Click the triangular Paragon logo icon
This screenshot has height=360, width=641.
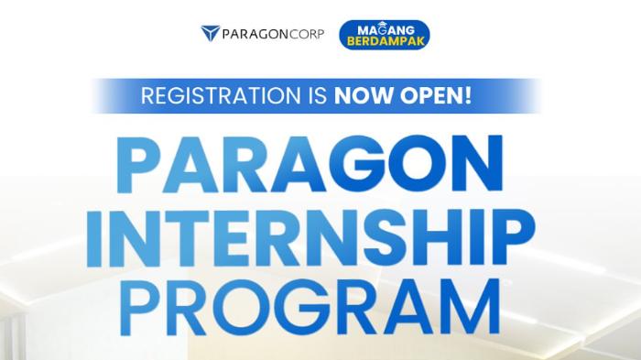point(210,34)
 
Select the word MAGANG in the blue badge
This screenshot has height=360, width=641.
point(385,28)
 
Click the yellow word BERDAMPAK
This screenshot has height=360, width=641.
point(385,42)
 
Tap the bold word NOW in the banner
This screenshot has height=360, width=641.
point(360,94)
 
